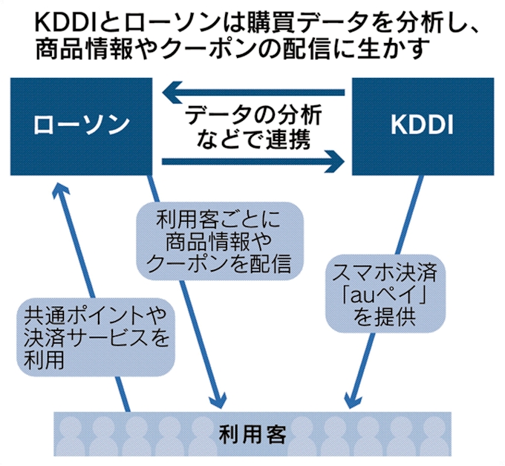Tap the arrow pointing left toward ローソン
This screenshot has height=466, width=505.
point(252,93)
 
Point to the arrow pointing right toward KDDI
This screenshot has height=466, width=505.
point(252,159)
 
